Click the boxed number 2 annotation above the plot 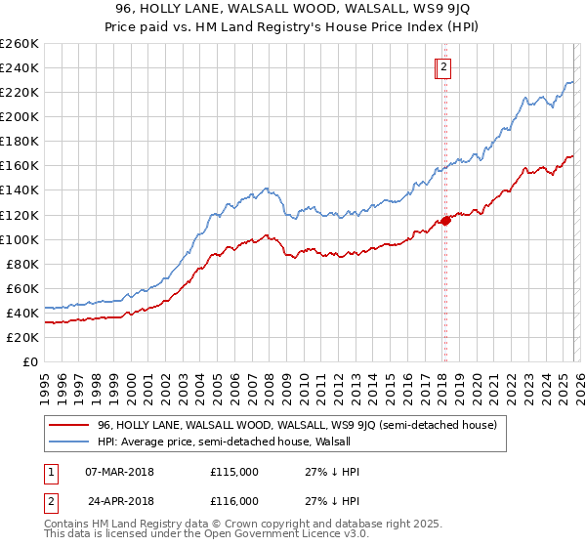click(443, 67)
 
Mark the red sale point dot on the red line click(445, 220)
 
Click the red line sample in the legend click(68, 425)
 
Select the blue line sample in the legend click(68, 442)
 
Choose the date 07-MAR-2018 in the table click(120, 472)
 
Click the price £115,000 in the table click(234, 472)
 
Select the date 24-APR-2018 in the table click(120, 501)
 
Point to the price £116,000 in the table click(234, 501)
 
